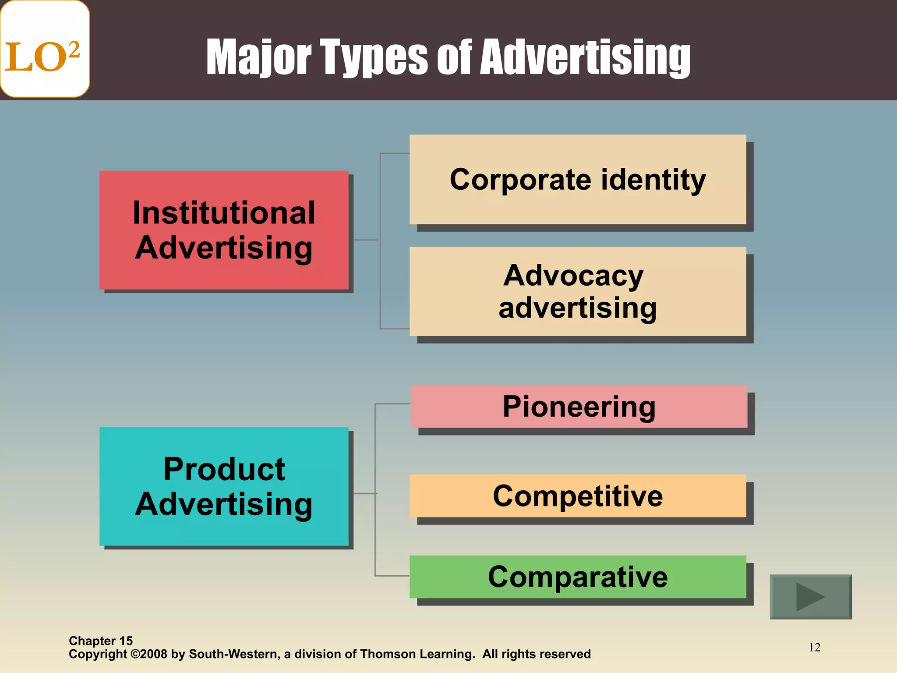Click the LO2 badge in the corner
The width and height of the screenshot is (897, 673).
(44, 49)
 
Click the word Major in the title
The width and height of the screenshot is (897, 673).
(258, 57)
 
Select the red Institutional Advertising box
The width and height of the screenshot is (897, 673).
(224, 230)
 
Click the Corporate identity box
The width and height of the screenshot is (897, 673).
(577, 180)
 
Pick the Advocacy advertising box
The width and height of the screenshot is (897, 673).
(577, 291)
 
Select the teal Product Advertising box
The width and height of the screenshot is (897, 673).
(224, 486)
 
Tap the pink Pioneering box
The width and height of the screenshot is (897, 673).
(579, 407)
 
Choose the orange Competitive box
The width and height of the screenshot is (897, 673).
(577, 496)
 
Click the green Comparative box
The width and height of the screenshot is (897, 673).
(577, 577)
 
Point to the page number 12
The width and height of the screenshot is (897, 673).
(814, 648)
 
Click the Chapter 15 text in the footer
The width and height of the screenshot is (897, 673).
(101, 641)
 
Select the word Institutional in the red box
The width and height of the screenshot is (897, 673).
(224, 213)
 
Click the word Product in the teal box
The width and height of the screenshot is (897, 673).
(224, 469)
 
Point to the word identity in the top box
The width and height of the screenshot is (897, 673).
(653, 180)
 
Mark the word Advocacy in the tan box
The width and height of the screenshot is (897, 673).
(573, 276)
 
